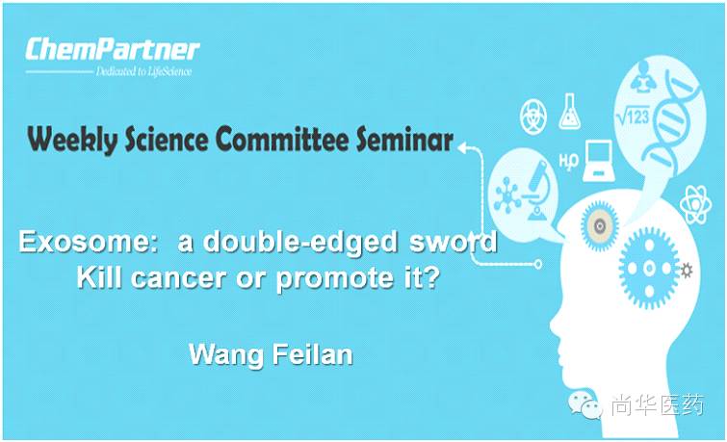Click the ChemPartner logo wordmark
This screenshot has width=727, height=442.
(113, 49)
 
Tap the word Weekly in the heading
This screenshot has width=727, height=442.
(65, 141)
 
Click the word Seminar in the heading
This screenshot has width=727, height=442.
(404, 141)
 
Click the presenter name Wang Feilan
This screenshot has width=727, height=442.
(271, 354)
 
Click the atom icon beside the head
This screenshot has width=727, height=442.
(695, 204)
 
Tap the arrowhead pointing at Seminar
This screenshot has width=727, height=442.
(465, 147)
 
